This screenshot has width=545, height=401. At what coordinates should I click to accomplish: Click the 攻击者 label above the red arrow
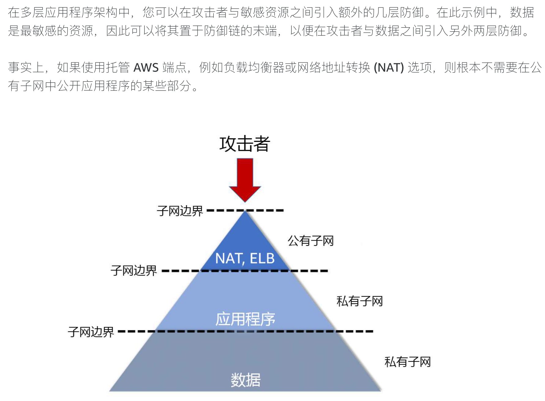point(245,144)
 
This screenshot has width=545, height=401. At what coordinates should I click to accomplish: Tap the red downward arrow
point(245,179)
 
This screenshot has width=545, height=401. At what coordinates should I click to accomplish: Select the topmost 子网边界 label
point(180,211)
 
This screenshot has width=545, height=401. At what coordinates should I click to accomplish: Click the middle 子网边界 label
point(134,271)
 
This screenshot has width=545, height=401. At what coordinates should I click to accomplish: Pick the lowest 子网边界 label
point(91,332)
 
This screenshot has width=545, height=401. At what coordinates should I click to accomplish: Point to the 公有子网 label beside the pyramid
point(310,241)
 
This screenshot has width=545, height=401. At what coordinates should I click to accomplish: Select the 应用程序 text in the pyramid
point(245,319)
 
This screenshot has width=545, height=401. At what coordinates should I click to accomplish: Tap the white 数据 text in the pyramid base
point(246,380)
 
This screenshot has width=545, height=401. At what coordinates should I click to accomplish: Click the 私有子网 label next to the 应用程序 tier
point(359,302)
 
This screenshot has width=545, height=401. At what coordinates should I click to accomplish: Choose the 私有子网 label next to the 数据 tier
point(408,362)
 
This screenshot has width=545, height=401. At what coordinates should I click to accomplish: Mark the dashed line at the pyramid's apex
point(245,210)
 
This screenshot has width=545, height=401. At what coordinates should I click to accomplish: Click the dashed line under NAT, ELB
point(245,271)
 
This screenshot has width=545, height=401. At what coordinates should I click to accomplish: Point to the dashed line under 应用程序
point(245,331)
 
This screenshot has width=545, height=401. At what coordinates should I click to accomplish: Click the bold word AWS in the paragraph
point(146,68)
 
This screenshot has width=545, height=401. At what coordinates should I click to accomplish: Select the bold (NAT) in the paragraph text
point(389,68)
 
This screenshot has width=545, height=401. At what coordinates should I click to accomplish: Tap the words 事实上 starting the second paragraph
point(26,68)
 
